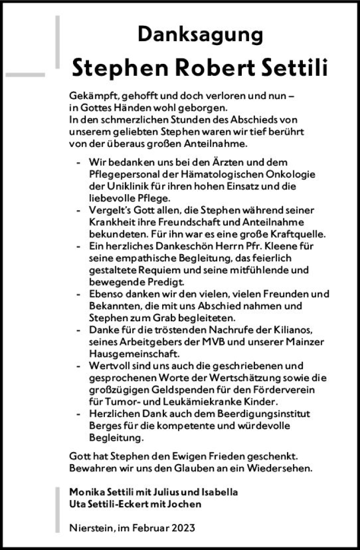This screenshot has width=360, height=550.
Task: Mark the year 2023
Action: (x=183, y=527)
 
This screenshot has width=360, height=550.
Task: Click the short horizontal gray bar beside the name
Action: (x=25, y=74)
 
